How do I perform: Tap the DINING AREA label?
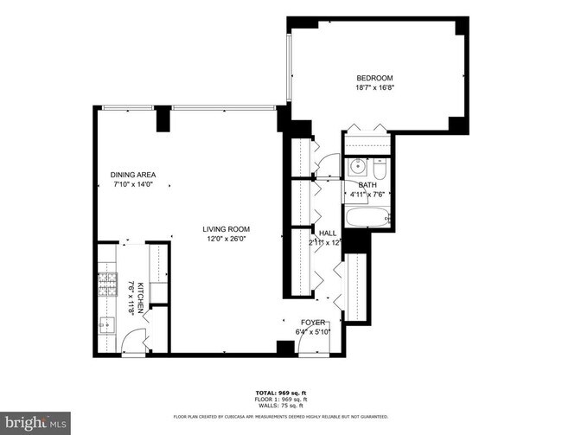(x=131, y=175)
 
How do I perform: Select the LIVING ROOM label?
(x=227, y=229)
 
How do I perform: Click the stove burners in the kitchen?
(x=106, y=285)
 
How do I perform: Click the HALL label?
(x=328, y=233)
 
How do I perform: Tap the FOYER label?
(x=313, y=322)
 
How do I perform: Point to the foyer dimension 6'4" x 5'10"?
(x=313, y=331)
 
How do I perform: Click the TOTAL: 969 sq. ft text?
(x=280, y=391)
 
